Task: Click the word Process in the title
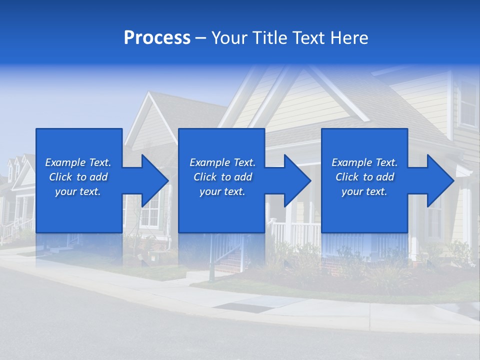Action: pyautogui.click(x=157, y=38)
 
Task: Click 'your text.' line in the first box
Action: pyautogui.click(x=78, y=191)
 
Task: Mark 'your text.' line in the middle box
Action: pyautogui.click(x=222, y=191)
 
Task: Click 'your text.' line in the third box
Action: pyautogui.click(x=364, y=191)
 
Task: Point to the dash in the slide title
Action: pyautogui.click(x=200, y=38)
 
